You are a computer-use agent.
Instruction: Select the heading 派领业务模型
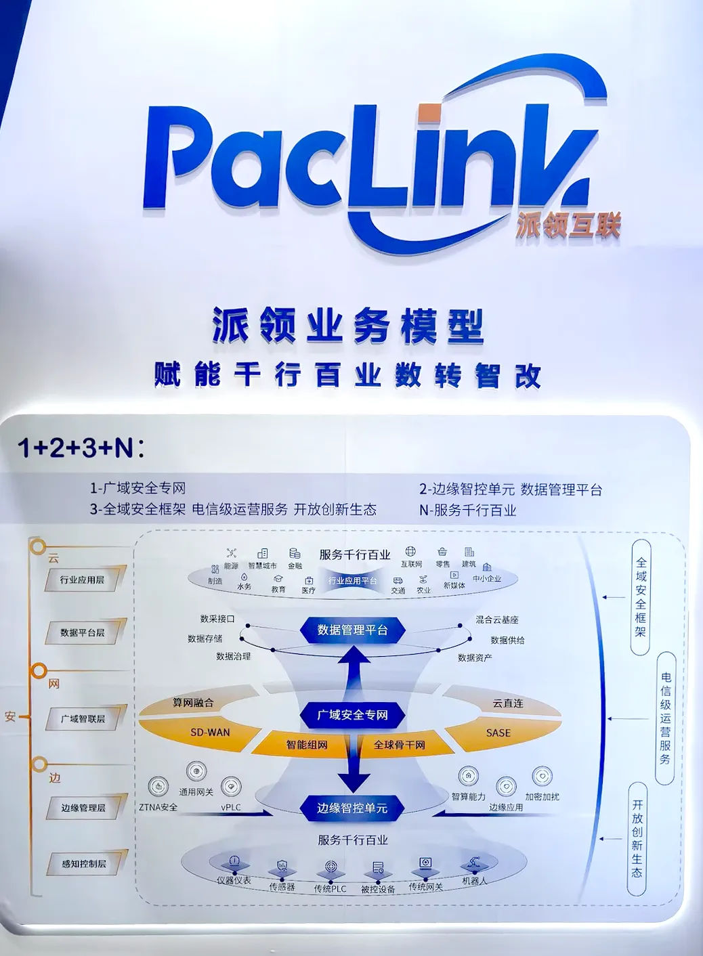coord(348,326)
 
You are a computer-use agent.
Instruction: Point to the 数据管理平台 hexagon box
coord(352,630)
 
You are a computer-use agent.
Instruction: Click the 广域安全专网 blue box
coord(352,715)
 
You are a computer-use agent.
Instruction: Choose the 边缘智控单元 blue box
coord(352,808)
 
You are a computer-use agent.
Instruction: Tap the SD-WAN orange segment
coord(210,733)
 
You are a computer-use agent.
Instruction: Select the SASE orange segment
coord(498,733)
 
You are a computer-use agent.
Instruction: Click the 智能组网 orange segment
coord(306,745)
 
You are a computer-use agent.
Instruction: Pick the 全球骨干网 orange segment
coord(399,745)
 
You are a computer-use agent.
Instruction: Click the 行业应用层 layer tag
coord(83,580)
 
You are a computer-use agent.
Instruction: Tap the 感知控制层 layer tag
coord(84,864)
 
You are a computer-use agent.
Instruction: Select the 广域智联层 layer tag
coord(83,719)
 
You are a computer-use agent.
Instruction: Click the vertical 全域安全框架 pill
coord(641,596)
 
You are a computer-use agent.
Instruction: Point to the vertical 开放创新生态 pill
coord(637,838)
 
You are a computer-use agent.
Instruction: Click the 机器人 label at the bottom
coord(474,881)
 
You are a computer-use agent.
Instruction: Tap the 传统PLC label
coord(330,888)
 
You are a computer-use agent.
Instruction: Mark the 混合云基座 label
coord(497,620)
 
